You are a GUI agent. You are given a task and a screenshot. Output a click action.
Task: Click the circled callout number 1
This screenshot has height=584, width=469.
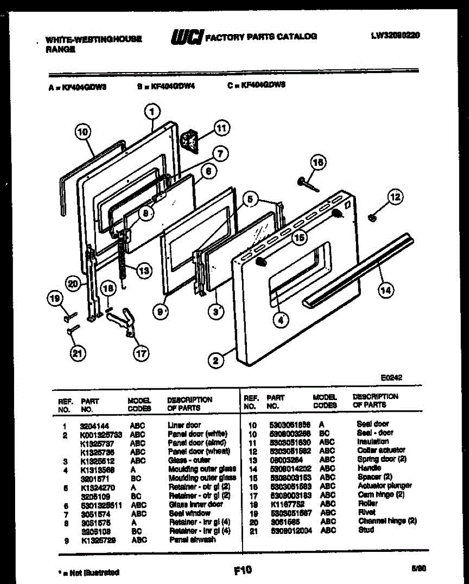152,112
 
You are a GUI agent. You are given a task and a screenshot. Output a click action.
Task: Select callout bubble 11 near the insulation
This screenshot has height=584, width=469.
221,129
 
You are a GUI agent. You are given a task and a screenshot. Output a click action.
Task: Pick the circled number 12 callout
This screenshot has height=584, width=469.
395,197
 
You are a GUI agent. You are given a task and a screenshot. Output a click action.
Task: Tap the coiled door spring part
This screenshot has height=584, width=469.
121,258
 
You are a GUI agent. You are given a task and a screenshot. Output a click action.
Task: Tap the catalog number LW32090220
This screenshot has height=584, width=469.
395,35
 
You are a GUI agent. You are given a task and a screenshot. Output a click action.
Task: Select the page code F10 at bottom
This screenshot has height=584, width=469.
242,569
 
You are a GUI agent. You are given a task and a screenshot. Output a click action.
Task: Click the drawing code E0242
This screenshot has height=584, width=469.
392,377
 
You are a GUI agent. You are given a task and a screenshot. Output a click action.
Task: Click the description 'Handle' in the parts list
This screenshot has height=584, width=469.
369,468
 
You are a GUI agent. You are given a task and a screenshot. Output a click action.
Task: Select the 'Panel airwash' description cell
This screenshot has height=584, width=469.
192,540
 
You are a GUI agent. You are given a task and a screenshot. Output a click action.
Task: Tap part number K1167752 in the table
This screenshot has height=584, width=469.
285,503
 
